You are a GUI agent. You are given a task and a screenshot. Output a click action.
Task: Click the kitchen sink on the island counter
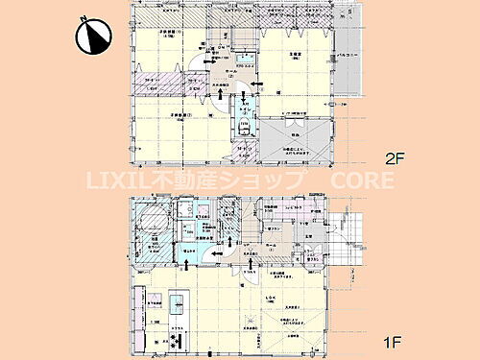[x=177, y=302]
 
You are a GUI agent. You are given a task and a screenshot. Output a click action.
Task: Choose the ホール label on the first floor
[x=272, y=245]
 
